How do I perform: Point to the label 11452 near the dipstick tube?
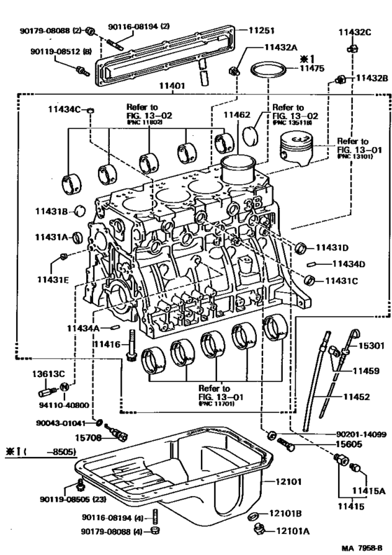pos(356,397)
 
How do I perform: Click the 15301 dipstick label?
pos(363,346)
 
